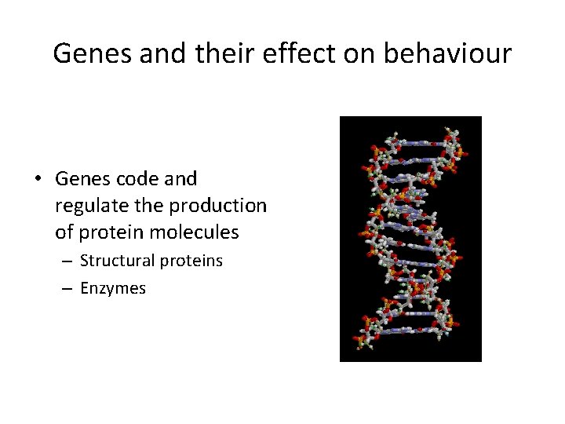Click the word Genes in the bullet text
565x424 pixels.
(x=81, y=179)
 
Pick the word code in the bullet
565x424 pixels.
(x=137, y=179)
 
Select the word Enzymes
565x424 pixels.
(x=113, y=288)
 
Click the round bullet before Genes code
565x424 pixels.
(x=38, y=180)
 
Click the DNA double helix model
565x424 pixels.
(x=410, y=239)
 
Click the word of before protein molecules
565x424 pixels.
(x=64, y=233)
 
